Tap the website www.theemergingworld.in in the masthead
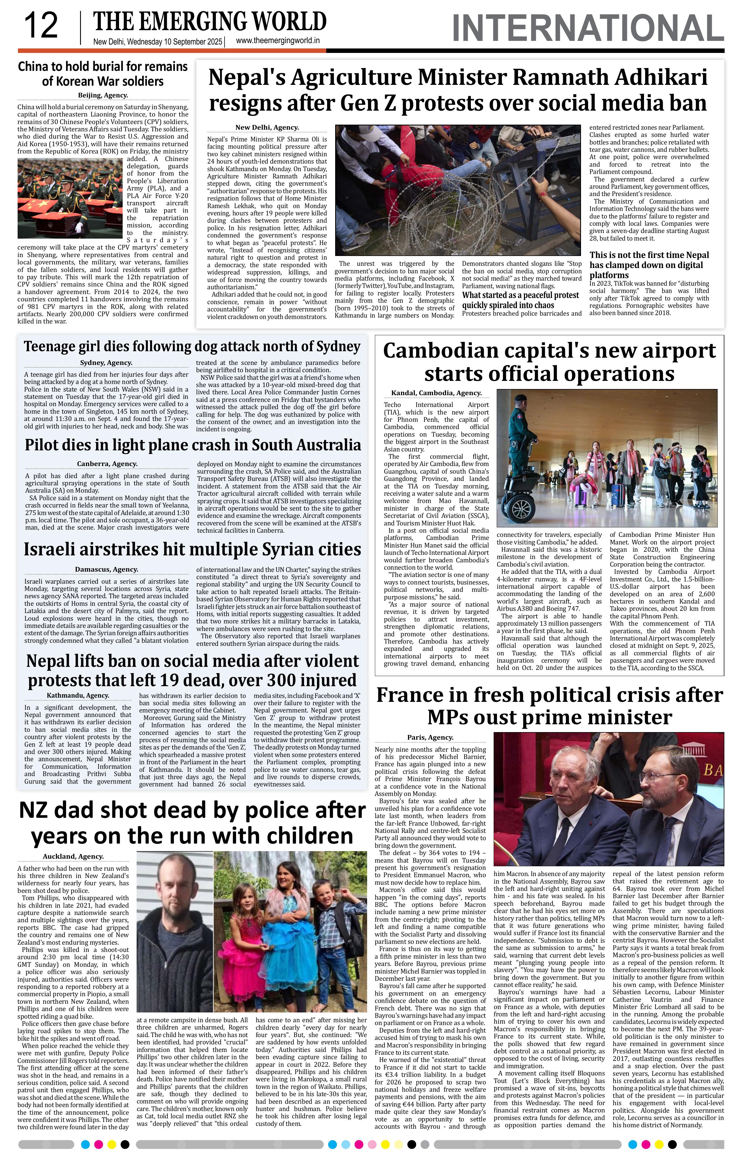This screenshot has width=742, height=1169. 277,41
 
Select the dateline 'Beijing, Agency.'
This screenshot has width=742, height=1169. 103,96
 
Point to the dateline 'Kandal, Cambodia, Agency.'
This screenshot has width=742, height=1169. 436,393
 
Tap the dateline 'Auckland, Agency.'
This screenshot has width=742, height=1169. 73,856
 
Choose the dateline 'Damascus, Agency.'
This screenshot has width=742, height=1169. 106,569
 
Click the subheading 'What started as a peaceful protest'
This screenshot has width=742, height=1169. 520,295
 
